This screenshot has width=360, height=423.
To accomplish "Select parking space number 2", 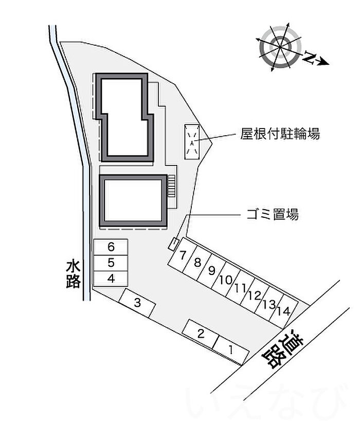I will tap(201, 334).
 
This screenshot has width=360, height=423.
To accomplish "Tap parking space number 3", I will tap(137, 303).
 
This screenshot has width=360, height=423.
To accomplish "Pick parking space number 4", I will tap(111, 279).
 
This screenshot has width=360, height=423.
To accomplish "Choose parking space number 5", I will tap(111, 263).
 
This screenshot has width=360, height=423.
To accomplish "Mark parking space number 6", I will tap(111, 247).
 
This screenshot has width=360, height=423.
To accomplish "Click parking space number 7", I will tap(183, 255).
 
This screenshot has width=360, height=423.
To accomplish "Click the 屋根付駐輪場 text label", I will tap(280, 135).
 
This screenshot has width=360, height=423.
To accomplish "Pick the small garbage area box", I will tap(174, 244).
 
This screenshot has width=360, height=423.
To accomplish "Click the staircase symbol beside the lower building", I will tap(172, 186).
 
